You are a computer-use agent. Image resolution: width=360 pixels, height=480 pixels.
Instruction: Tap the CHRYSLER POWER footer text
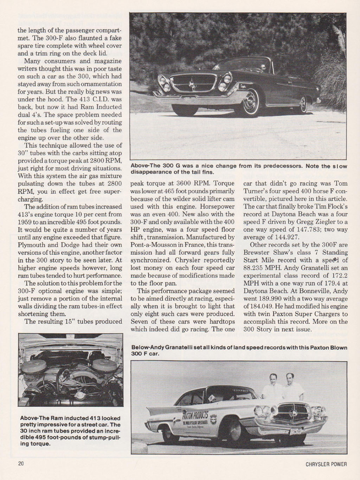click(326, 464)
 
